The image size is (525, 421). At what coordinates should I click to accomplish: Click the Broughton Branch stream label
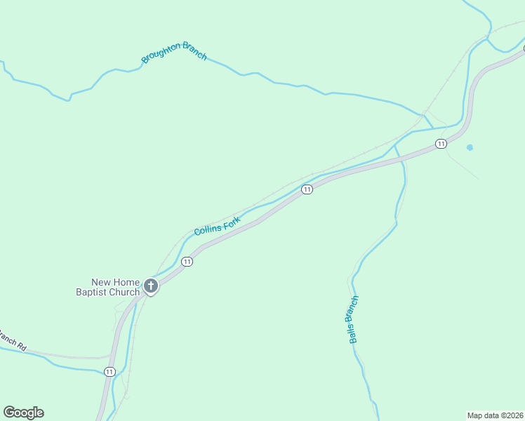pyautogui.click(x=174, y=52)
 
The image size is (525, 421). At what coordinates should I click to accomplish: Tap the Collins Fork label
pyautogui.click(x=217, y=225)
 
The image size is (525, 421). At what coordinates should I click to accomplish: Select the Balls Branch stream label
pyautogui.click(x=354, y=319)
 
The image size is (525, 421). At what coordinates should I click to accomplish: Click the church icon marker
pyautogui.click(x=150, y=286)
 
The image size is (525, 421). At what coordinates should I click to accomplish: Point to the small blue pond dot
pyautogui.click(x=470, y=147)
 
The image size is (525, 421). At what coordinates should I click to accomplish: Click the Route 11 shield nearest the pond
pyautogui.click(x=440, y=144)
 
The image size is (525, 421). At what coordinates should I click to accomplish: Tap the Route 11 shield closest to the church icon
pyautogui.click(x=186, y=262)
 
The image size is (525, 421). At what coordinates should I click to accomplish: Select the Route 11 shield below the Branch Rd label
pyautogui.click(x=109, y=371)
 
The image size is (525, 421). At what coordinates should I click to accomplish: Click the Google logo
pyautogui.click(x=23, y=413)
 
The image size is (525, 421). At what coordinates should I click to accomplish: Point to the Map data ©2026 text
pyautogui.click(x=495, y=415)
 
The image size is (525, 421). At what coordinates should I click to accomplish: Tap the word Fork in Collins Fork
pyautogui.click(x=232, y=221)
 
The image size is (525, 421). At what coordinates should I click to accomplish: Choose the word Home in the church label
pyautogui.click(x=126, y=282)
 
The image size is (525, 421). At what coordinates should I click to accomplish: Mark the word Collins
pyautogui.click(x=208, y=228)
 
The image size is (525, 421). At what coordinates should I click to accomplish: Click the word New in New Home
pyautogui.click(x=101, y=282)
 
